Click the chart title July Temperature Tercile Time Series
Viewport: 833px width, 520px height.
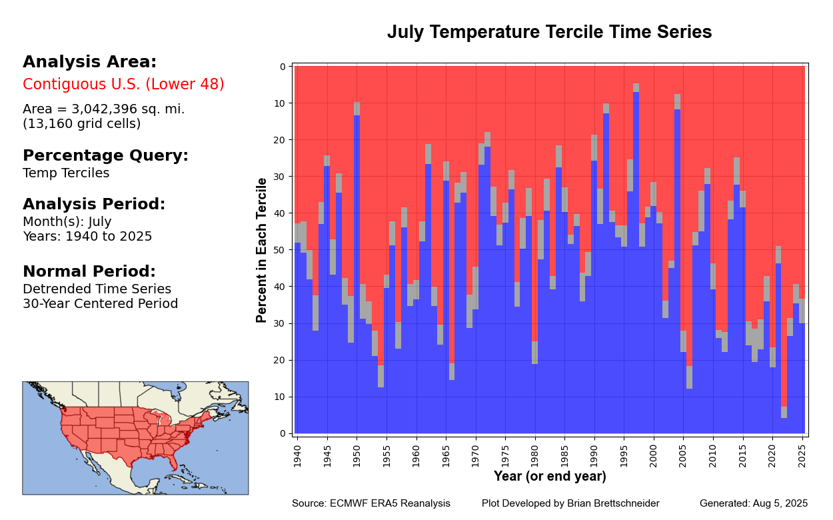click(549, 33)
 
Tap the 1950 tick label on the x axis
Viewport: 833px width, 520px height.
click(357, 453)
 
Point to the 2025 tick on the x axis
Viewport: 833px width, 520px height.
click(802, 453)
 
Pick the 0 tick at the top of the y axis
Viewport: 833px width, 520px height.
click(283, 67)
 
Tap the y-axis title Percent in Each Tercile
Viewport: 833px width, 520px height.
click(262, 250)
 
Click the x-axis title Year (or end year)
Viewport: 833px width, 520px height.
click(549, 477)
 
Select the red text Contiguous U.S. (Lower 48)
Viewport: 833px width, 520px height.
click(123, 85)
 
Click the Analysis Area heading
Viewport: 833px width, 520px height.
click(89, 62)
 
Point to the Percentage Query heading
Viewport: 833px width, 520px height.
click(105, 155)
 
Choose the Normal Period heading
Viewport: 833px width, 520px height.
click(89, 271)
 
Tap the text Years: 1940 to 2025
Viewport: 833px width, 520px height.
click(87, 237)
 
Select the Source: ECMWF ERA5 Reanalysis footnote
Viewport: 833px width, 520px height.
click(371, 503)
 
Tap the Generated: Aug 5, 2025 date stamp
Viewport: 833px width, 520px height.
click(753, 503)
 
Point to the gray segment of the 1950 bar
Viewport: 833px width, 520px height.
click(357, 109)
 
